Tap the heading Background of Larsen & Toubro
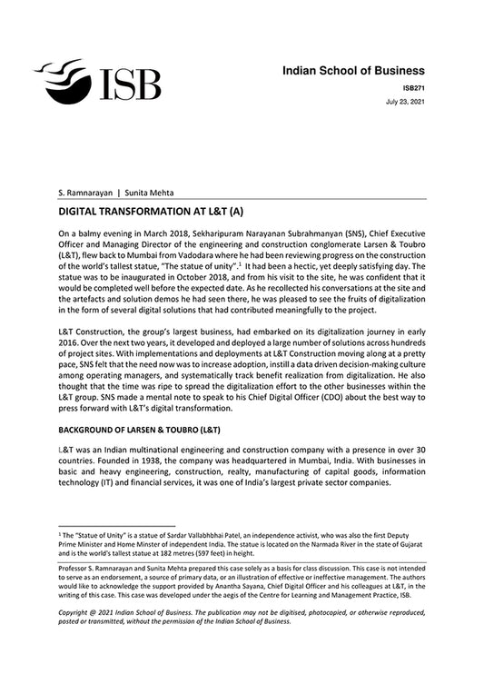click(x=141, y=429)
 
